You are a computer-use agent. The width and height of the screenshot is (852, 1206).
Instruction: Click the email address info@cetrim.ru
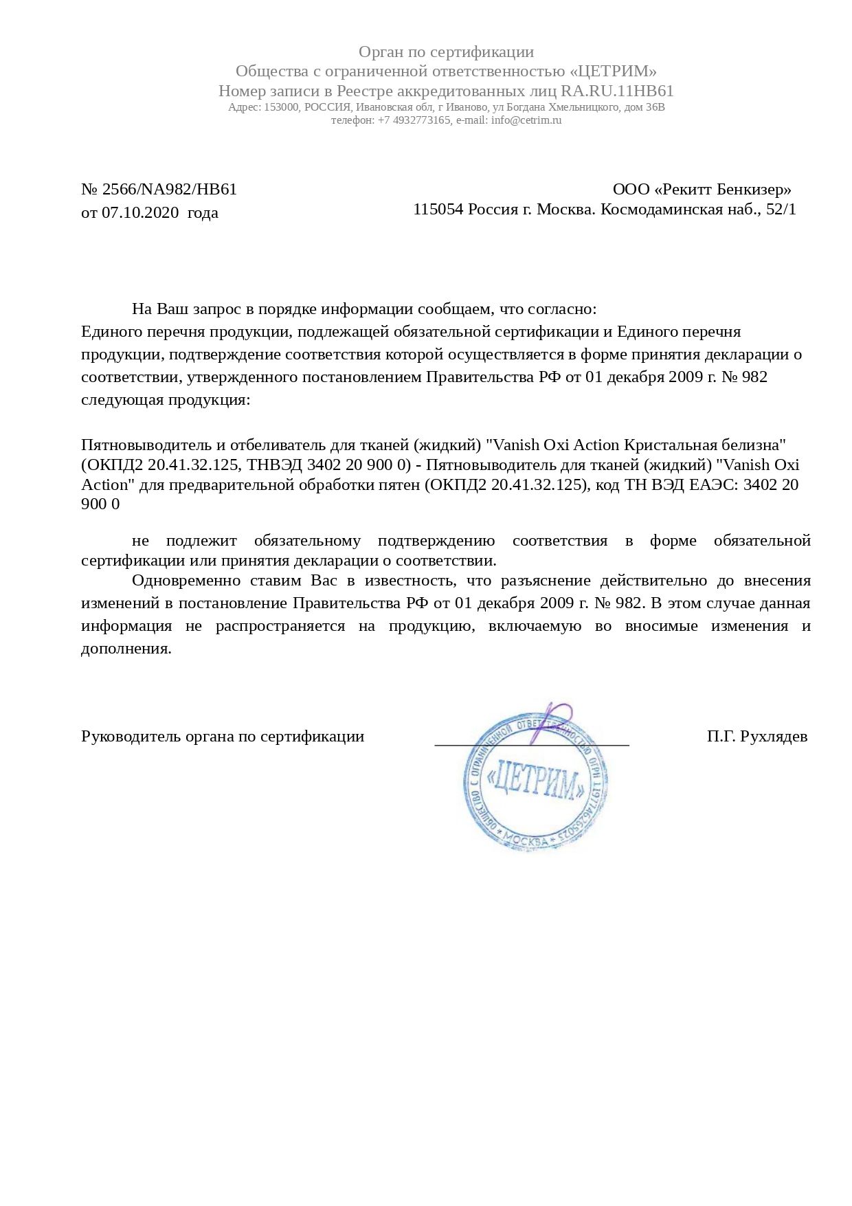[526, 120]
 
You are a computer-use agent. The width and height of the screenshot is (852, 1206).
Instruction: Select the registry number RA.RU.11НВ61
[617, 91]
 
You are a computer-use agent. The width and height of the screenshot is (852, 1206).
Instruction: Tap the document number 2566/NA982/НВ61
[169, 190]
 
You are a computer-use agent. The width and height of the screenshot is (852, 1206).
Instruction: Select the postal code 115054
[438, 210]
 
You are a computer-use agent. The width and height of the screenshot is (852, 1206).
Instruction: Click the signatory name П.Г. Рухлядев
[756, 737]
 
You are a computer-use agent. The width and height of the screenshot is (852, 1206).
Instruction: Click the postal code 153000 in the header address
[282, 108]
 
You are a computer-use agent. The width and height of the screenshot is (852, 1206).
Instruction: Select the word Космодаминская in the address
[660, 210]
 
